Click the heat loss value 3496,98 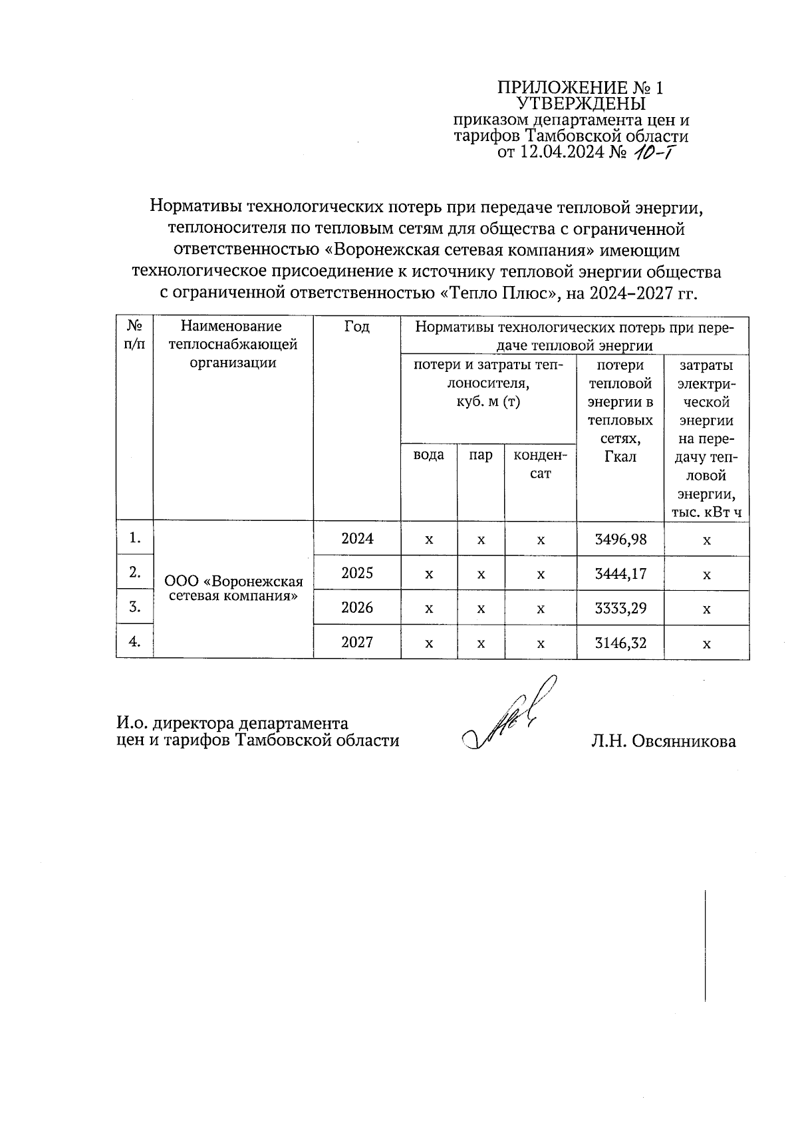pos(620,539)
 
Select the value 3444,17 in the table pos(620,573)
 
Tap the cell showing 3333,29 pos(620,608)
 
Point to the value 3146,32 pos(620,643)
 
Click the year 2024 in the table pos(357,539)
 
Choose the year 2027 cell pos(357,643)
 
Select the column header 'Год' pos(357,327)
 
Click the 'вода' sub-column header pos(429,455)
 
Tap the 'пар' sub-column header pos(481,455)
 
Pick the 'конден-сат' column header pos(541,464)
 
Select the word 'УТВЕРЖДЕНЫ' pos(581,104)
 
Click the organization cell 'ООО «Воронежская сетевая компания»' pos(233,588)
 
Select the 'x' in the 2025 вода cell pos(429,574)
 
